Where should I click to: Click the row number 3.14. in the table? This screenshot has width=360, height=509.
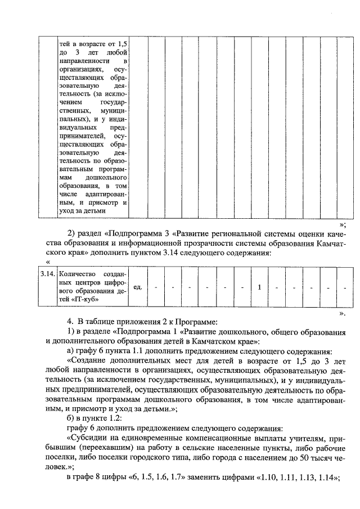(47, 274)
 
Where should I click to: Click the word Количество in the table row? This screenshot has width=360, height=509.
(77, 274)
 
